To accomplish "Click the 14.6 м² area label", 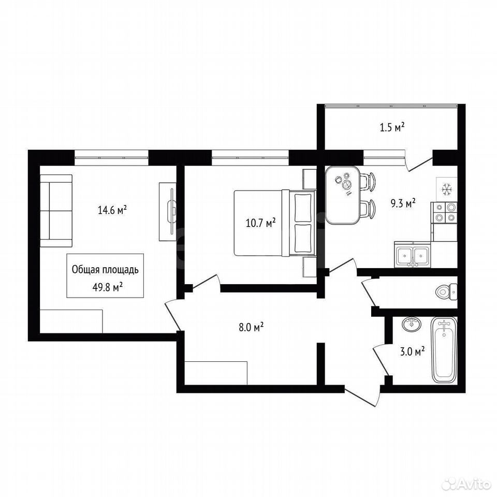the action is tap(112, 210).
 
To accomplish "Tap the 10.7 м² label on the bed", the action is tap(260, 223).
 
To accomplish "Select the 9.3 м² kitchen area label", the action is tap(403, 203).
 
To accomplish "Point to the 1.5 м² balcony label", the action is tap(392, 127).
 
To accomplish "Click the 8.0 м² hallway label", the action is tap(252, 327).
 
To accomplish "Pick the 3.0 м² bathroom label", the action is tap(413, 352).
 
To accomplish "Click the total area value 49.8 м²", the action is tap(108, 288).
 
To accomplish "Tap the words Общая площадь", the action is tap(105, 270).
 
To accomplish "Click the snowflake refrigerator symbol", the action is tap(447, 189).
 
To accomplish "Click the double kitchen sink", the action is tap(413, 254).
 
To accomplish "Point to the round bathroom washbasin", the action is tap(412, 324).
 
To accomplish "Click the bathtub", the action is tap(444, 350).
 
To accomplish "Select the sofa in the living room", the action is tap(56, 211).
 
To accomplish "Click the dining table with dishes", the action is tap(343, 195).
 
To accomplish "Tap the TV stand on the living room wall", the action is tap(168, 211).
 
